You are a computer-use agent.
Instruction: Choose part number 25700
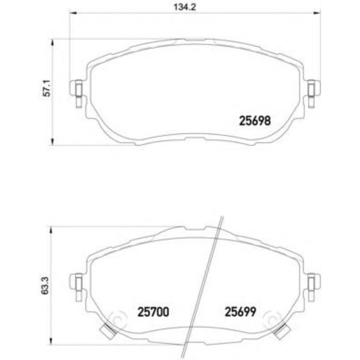(154, 312)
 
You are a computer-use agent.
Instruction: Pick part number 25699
(240, 312)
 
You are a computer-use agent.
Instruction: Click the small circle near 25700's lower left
(117, 320)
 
